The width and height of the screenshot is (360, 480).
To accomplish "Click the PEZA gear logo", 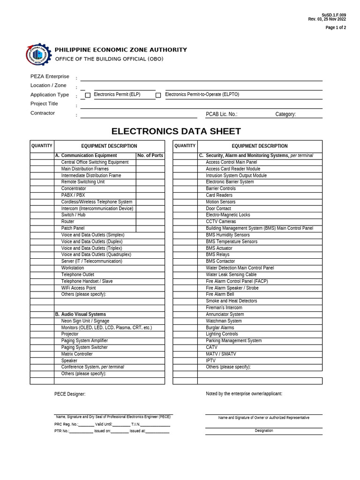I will click(38, 54).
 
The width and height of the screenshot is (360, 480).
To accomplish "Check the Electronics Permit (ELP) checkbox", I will click(88, 95).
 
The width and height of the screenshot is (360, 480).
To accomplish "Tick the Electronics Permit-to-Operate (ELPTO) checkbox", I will click(158, 95).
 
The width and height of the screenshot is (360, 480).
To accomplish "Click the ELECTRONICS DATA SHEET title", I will click(176, 131).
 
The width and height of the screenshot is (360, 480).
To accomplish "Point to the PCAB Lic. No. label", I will click(221, 114).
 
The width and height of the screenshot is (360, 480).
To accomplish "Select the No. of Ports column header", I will click(150, 156).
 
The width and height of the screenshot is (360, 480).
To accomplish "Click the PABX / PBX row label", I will click(73, 195).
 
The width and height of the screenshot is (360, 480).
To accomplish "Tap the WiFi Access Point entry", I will click(78, 288).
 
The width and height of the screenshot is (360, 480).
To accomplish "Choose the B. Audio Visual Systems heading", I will click(81, 314).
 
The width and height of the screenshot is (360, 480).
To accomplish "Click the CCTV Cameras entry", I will click(221, 221).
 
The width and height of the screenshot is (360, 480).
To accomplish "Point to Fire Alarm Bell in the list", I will click(220, 294).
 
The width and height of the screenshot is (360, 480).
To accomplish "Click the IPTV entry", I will click(211, 360).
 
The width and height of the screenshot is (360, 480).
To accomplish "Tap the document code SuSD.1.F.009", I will click(334, 15).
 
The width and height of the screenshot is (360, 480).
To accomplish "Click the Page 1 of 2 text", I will click(336, 28).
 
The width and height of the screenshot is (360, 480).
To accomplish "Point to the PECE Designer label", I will click(70, 394).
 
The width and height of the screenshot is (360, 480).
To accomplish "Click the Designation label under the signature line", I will click(264, 430).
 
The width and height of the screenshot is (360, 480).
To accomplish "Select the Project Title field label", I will click(44, 104).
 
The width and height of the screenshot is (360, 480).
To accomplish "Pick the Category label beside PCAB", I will click(285, 114).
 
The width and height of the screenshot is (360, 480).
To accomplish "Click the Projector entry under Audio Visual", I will click(70, 334).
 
